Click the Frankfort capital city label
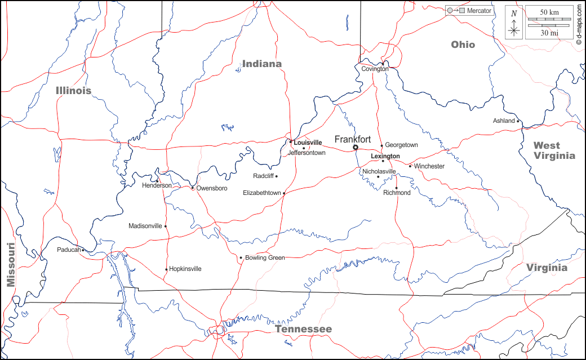coord(353,139)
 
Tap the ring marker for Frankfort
coord(356,148)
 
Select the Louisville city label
coord(308,143)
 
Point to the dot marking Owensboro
coord(192,188)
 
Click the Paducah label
coord(69,250)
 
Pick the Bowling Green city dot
coord(241,258)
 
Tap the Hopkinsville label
coord(185,269)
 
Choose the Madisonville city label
coord(145,226)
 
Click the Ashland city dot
coord(518,121)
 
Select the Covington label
coord(375,69)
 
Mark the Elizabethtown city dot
coord(284,193)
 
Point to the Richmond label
coord(397,193)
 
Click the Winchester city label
coord(429,166)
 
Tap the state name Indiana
coord(262,64)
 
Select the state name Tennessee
coord(303,329)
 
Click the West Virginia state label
coord(554,150)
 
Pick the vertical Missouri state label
coord(10,265)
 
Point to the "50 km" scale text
coord(549,12)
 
